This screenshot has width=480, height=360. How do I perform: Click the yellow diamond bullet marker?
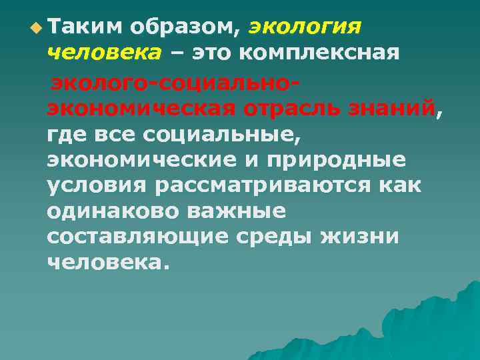36,27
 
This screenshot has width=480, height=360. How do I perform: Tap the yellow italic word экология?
305,27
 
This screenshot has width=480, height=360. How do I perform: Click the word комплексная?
323,53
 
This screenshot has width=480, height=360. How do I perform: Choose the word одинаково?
113,211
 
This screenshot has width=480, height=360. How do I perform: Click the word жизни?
359,237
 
